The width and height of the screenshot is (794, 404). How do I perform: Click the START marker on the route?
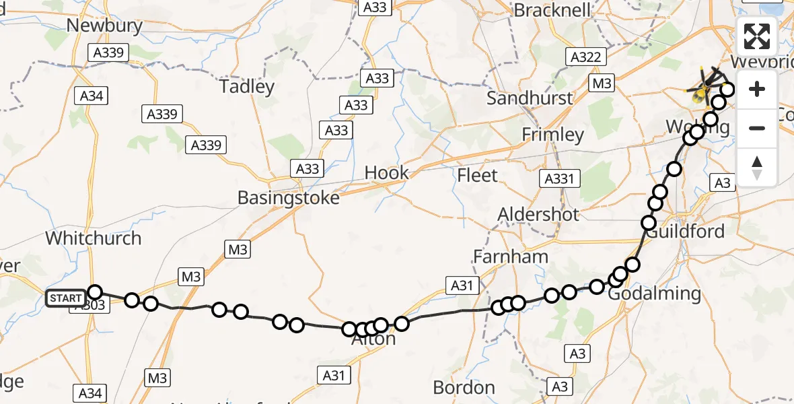[66, 298]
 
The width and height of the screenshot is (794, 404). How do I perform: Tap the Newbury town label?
[104, 26]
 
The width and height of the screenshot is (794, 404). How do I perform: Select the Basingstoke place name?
[288, 199]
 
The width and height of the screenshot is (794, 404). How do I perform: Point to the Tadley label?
[247, 87]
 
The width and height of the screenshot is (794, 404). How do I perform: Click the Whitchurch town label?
[94, 238]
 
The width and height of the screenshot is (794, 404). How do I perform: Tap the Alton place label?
[374, 340]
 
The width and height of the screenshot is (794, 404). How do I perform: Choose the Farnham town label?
[511, 257]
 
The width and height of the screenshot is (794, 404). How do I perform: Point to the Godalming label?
[654, 294]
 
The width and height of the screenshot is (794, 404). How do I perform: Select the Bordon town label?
[464, 388]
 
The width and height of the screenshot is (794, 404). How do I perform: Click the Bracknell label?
[552, 10]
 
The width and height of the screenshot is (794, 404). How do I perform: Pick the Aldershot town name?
[538, 215]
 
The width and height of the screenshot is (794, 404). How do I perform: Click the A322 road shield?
[585, 57]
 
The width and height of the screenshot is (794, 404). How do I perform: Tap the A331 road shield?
[558, 179]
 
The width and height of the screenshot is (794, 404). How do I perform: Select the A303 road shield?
[88, 306]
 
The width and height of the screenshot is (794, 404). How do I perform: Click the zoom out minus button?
[757, 128]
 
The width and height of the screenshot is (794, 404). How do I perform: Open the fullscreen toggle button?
[757, 36]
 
